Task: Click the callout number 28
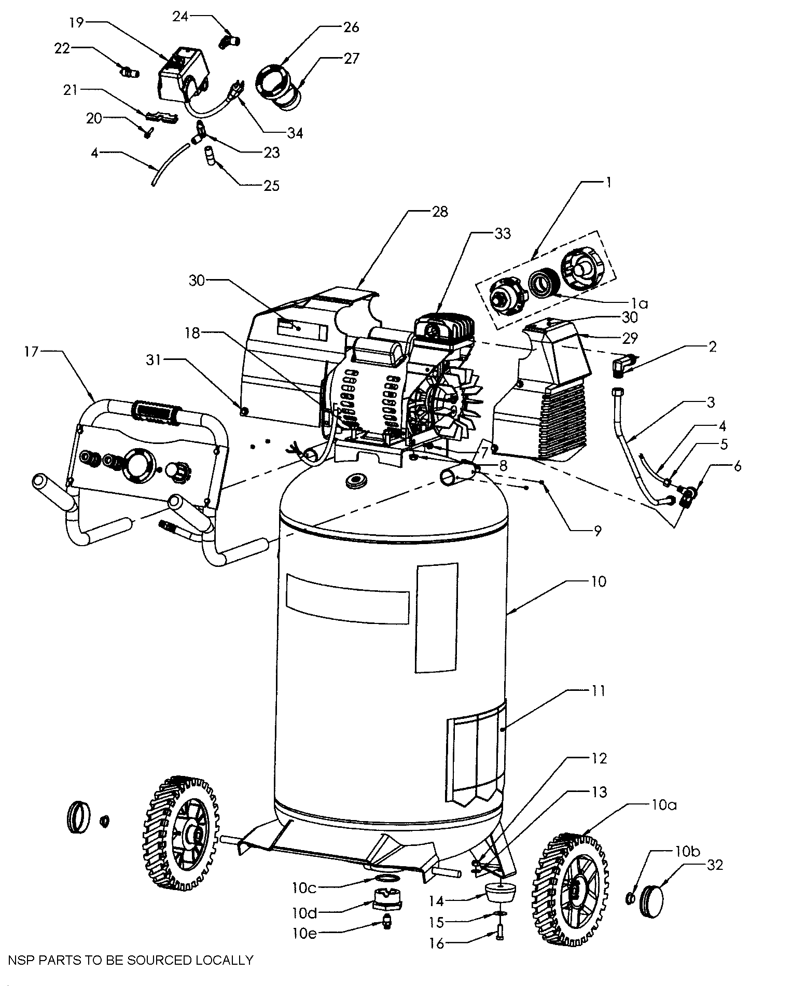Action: [439, 212]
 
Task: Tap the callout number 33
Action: [503, 233]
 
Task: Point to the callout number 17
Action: [31, 352]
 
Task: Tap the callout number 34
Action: [295, 133]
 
